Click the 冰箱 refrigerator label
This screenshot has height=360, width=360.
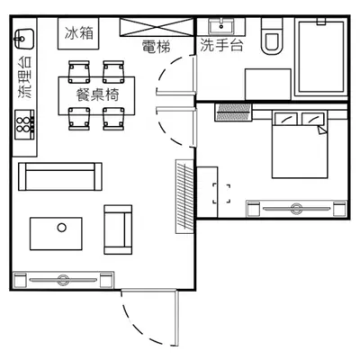coord(79,33)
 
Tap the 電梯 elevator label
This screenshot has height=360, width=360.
coord(157,47)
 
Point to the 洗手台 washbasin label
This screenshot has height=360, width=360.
coord(221,45)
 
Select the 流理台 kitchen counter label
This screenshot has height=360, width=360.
coord(25,77)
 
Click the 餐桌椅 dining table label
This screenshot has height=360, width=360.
coord(98,94)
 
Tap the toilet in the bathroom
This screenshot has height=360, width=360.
coord(272,36)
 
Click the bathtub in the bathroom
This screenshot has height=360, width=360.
coord(320,57)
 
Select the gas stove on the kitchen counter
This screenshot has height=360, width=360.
coord(25,124)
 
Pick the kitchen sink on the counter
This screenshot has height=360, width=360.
coord(24,39)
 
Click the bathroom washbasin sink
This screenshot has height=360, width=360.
coord(221,26)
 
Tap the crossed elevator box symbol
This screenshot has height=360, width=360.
coord(157,27)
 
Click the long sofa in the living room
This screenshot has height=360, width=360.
coord(60,176)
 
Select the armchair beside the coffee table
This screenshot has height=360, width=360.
coord(118,229)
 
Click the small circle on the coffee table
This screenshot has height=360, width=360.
coord(62,228)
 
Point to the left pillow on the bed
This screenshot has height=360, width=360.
coord(286,119)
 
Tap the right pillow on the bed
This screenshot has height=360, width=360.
coord(312,119)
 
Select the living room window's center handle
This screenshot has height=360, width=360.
coord(63,280)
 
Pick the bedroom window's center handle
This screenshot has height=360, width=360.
coord(296,208)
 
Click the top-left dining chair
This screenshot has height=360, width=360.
coord(79,72)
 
